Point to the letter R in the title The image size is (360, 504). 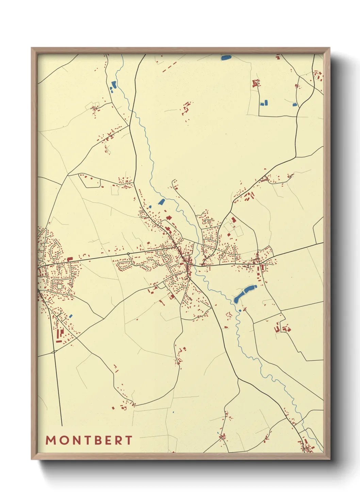click(x=119, y=440)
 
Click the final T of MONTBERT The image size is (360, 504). click(x=129, y=440)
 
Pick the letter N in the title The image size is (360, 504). click(x=76, y=440)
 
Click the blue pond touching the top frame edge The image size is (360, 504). click(x=226, y=58)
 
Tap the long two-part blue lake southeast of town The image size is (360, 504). click(x=244, y=294)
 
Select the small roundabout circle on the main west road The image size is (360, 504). click(x=128, y=254)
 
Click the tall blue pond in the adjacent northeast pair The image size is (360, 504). click(x=266, y=102)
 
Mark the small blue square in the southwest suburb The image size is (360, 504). click(x=71, y=316)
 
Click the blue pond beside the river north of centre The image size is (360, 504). click(x=161, y=202)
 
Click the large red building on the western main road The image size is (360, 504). click(x=70, y=259)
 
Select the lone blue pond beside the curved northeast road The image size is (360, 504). click(x=295, y=105)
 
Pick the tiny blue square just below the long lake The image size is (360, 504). click(x=240, y=310)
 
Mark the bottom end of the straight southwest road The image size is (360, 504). click(x=62, y=425)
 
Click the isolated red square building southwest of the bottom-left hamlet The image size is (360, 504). click(x=113, y=408)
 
